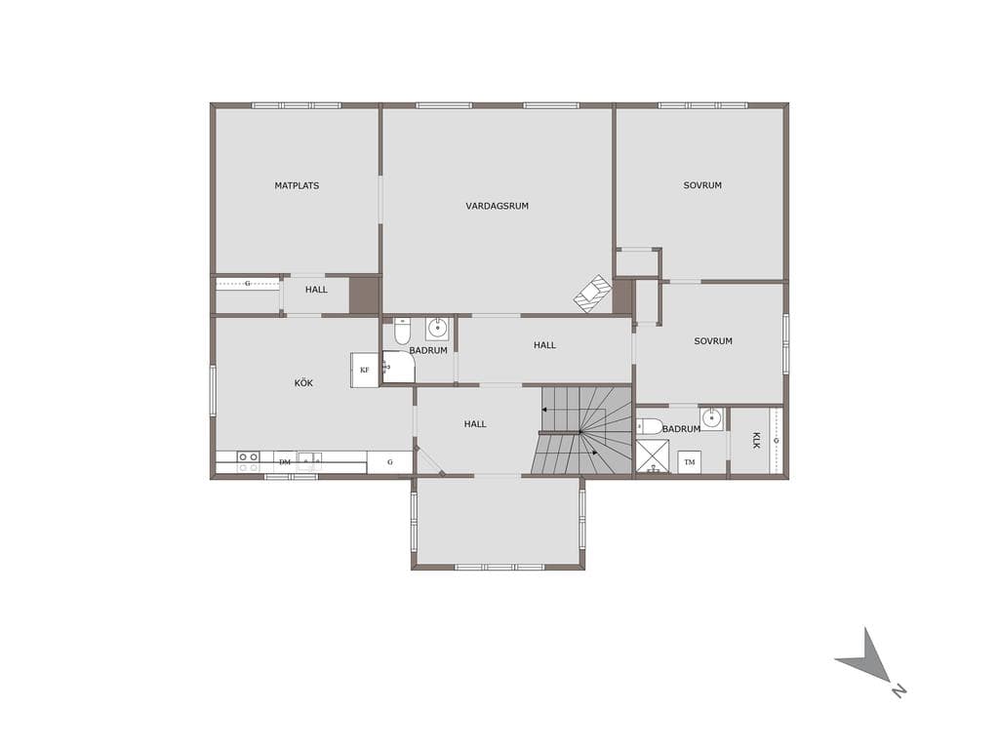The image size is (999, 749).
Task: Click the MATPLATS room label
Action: pos(297,186)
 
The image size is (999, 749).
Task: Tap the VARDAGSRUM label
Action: pos(497,207)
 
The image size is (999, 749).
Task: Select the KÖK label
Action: pos(304,382)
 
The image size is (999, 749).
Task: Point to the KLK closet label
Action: pos(756,440)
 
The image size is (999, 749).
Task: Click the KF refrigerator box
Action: pos(365,370)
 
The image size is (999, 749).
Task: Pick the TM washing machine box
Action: pos(690,462)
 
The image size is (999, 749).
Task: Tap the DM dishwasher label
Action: pos(285,462)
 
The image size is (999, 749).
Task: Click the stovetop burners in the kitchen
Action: pos(248,461)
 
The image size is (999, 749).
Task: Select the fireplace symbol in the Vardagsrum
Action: pos(593,294)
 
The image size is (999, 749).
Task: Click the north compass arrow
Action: pos(867,660)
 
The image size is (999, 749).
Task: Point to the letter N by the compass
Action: pos(899,690)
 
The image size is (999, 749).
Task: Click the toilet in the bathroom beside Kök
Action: pos(402,330)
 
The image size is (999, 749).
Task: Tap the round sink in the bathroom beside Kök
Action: pos(438,329)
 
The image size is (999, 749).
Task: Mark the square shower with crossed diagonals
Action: pos(653,456)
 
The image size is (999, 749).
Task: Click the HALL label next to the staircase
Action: pos(475,424)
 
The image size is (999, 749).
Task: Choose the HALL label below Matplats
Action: pos(316,290)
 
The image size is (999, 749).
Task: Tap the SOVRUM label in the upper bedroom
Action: pos(702,186)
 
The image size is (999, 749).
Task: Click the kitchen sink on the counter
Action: pos(308,461)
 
